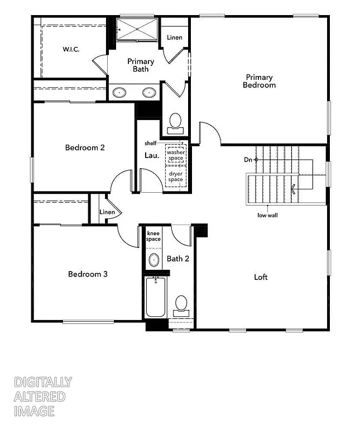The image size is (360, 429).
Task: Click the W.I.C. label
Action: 71,49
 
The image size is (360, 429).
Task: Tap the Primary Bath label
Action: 141,65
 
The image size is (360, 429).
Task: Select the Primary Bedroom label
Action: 259,81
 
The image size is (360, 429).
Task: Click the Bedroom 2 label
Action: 85,148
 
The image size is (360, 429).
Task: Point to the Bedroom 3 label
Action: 88,274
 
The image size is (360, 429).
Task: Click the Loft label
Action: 261,277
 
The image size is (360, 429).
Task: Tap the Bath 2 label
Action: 177,259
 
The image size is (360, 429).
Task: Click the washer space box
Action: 176,155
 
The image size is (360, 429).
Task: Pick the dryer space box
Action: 176,176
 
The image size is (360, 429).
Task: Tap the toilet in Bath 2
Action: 180,304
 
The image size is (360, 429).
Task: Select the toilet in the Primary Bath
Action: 175,122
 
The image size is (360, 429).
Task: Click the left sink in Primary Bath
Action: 119,93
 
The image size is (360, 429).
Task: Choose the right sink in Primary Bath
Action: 149,93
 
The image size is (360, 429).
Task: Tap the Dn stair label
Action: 248,160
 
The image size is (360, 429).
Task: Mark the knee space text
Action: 153,235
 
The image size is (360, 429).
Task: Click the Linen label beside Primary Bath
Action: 175,38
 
